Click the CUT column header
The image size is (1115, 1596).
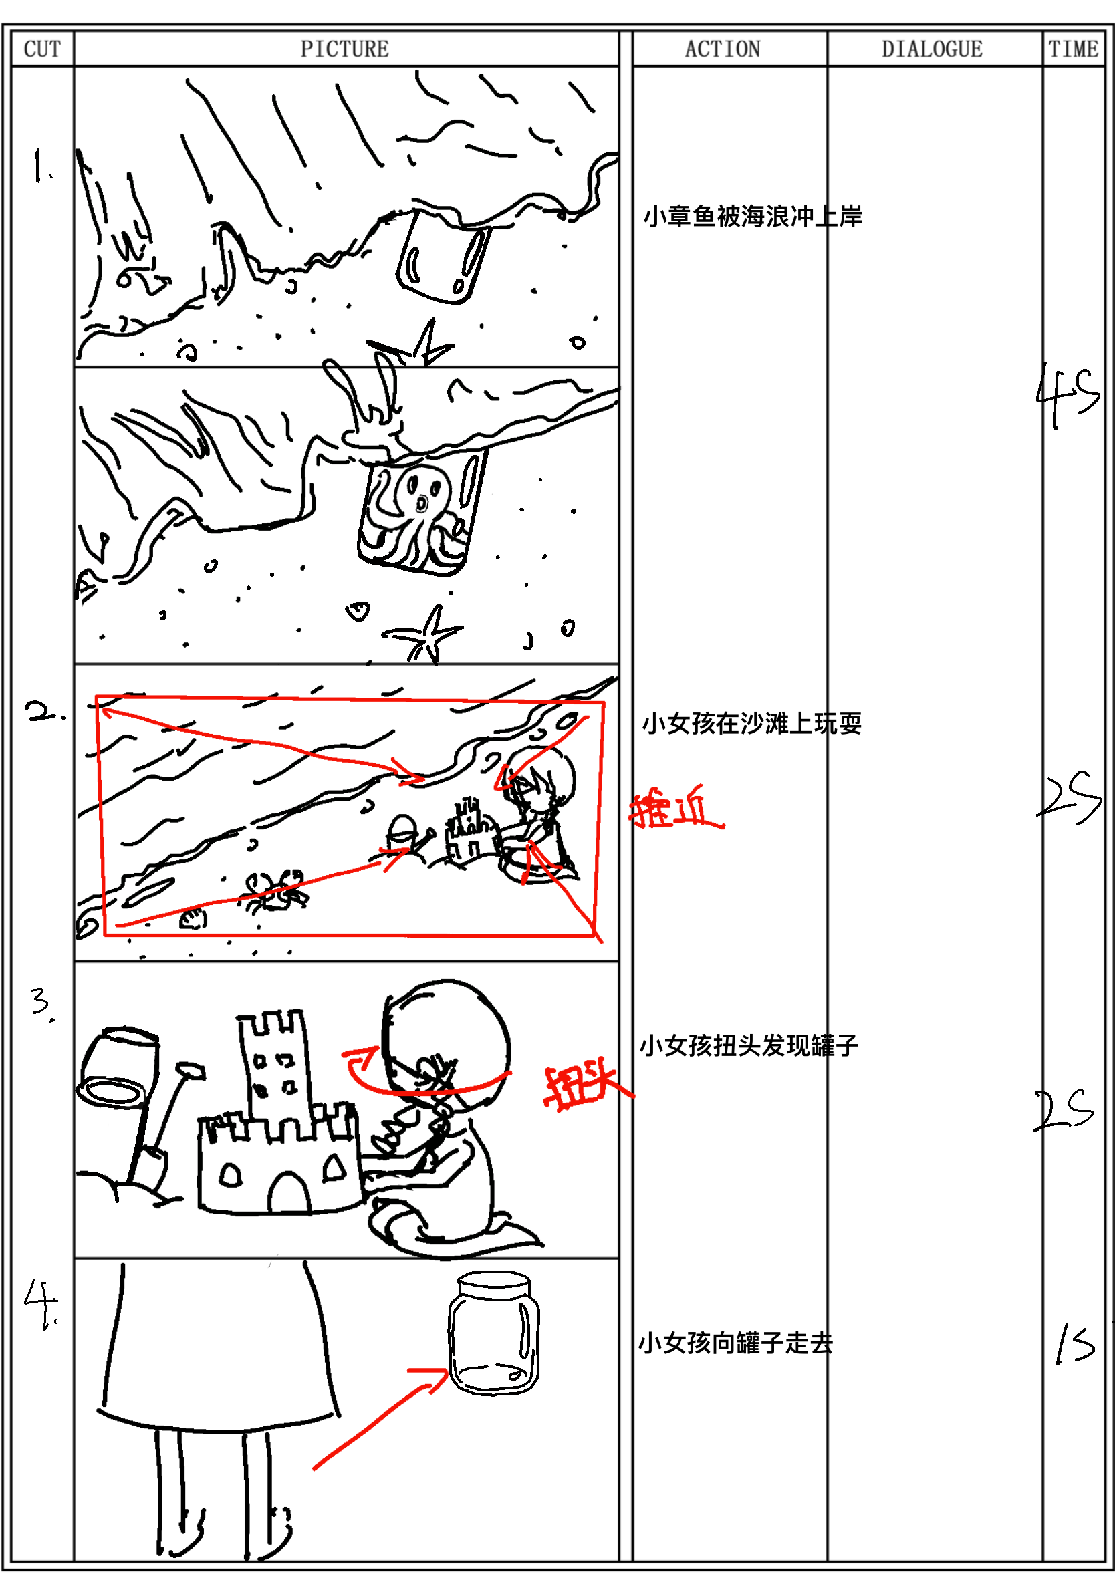click(42, 49)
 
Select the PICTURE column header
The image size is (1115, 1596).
click(345, 49)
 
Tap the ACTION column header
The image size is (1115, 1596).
click(723, 49)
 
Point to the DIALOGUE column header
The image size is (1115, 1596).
click(933, 49)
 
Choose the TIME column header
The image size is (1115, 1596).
click(1074, 49)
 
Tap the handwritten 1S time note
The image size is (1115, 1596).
click(1075, 1343)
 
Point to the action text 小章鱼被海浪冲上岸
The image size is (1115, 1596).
click(752, 216)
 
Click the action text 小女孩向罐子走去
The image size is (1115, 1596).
click(735, 1343)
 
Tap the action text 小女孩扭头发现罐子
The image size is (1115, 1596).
click(749, 1045)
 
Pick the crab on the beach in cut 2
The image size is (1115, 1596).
click(276, 890)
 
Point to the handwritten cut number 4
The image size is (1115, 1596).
click(41, 1303)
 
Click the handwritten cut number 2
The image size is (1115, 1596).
click(42, 712)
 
